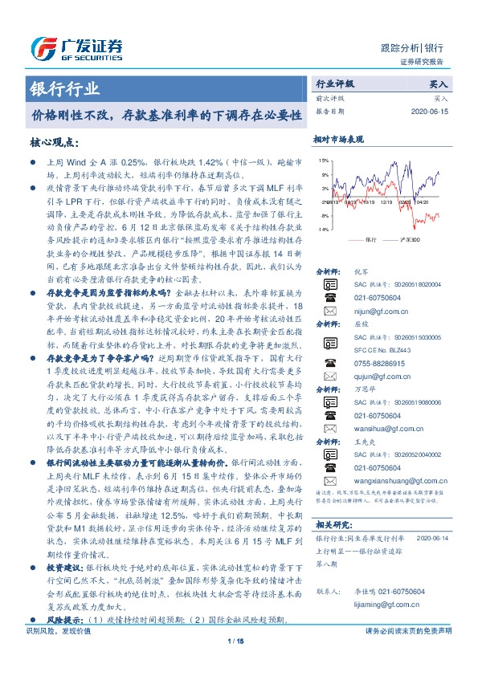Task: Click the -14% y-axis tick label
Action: (323, 229)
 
